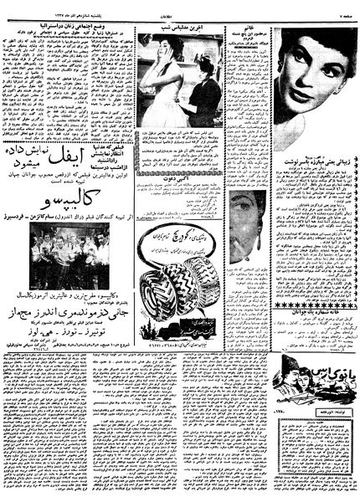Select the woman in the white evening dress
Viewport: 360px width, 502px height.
click(159, 79)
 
